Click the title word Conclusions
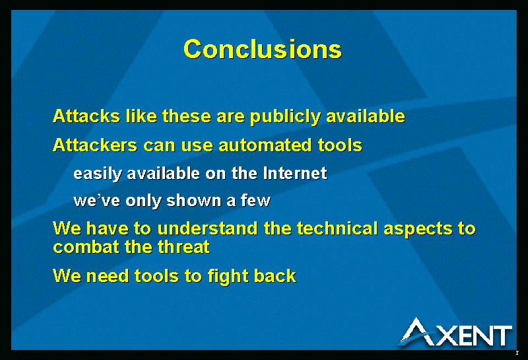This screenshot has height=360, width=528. (x=263, y=50)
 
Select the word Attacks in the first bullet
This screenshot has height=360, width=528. (x=86, y=116)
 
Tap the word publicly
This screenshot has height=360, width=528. (x=285, y=117)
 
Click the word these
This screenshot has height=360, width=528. (x=187, y=116)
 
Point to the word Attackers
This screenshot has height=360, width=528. (x=95, y=145)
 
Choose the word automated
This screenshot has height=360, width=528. (x=265, y=145)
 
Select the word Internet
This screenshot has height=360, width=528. (x=295, y=173)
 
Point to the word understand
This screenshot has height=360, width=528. (x=207, y=228)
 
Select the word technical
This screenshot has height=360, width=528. (x=337, y=228)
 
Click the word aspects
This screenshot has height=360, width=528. (x=418, y=229)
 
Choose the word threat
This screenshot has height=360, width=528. (x=183, y=247)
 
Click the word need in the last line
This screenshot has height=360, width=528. (x=108, y=275)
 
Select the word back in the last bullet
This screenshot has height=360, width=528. (x=275, y=275)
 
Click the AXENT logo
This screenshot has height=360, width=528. (x=456, y=332)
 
